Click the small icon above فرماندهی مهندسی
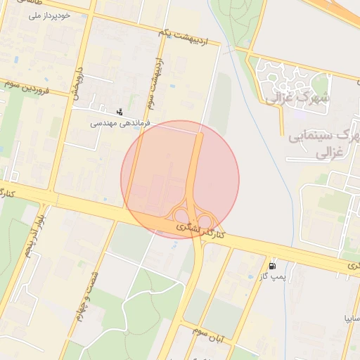(x=120, y=111)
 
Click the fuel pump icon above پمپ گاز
(x=273, y=266)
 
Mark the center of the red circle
(x=180, y=179)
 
